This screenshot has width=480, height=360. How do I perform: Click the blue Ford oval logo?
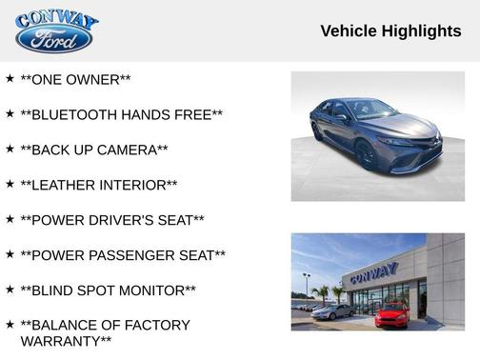point(54,39)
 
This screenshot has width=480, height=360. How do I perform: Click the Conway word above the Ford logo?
point(57,19)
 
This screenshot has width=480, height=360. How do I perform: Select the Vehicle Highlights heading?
point(390,31)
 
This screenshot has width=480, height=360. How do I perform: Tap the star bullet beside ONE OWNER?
point(10,78)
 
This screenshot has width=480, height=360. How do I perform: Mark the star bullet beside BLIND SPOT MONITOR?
point(10,289)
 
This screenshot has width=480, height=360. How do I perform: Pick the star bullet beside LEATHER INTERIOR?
point(10,183)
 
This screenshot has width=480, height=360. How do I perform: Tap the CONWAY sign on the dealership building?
point(373,274)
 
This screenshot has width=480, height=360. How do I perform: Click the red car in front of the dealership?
point(391,314)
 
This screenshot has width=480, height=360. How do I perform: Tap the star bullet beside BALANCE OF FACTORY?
point(10,324)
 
